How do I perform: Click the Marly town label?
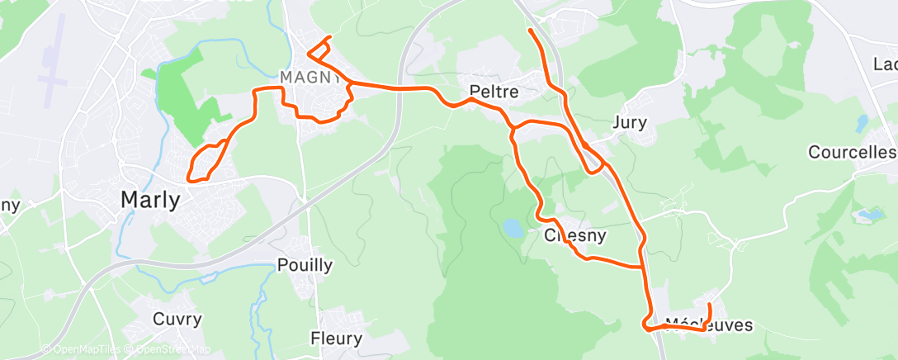click(x=150, y=200)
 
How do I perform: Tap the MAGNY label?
click(x=310, y=77)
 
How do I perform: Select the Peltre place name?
click(x=494, y=92)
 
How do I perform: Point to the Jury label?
click(x=631, y=123)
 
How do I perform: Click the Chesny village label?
click(x=576, y=236)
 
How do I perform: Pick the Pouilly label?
click(x=305, y=265)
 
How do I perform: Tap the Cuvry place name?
click(x=177, y=319)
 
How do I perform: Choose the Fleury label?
click(x=336, y=339)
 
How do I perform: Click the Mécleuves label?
click(x=709, y=325)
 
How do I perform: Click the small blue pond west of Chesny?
click(x=512, y=228)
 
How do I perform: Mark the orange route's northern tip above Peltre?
click(x=528, y=31)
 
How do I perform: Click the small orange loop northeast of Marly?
click(x=206, y=161)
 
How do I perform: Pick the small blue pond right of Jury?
click(x=862, y=123)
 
